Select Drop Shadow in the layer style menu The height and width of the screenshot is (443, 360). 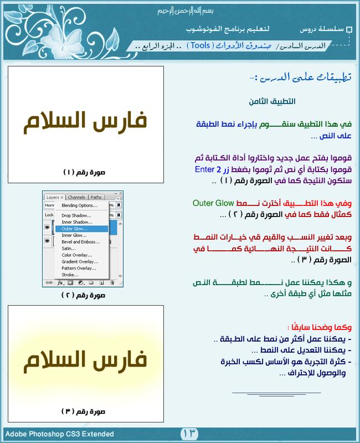pos(76,215)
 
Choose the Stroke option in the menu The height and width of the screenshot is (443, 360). pos(70,275)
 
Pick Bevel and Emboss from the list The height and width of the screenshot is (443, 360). pos(81,241)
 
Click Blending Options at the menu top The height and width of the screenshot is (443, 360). pos(80,205)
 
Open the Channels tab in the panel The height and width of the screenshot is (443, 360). pos(76,197)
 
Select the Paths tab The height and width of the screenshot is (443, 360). pos(96,197)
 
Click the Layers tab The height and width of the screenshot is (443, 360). pos(53,197)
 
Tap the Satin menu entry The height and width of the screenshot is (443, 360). pos(69,248)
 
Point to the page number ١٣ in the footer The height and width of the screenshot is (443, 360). pos(189,433)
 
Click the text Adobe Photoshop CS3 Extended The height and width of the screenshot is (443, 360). pos(60,434)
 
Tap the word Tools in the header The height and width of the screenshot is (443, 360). pos(200,45)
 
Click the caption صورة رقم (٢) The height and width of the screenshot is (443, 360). pos(83,295)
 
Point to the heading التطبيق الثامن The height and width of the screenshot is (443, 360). pos(271,101)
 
